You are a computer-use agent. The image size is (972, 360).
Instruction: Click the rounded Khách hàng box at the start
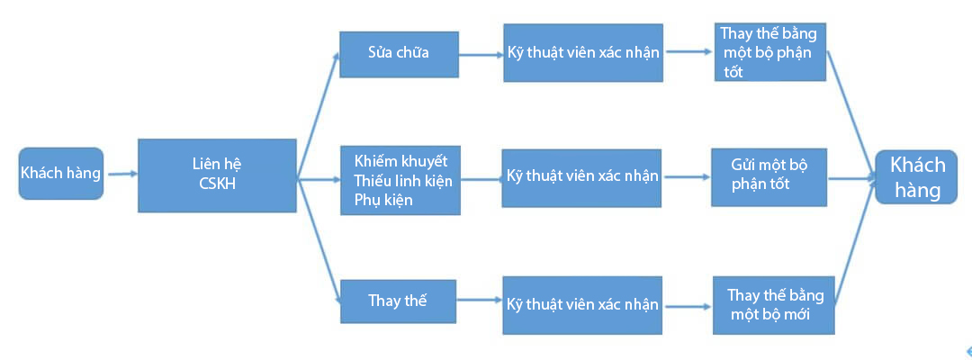60,174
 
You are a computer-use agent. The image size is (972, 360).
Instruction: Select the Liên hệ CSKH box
217,175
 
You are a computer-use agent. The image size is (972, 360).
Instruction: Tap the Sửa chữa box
399,54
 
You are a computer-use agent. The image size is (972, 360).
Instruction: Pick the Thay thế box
398,301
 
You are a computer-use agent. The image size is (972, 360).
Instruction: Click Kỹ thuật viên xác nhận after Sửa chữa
583,53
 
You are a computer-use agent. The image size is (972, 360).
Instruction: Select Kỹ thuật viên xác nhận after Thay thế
582,305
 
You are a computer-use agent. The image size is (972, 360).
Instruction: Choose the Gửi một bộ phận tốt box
769,176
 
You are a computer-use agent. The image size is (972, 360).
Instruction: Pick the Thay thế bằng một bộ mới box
774,305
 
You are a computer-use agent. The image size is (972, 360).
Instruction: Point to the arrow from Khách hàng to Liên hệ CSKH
121,174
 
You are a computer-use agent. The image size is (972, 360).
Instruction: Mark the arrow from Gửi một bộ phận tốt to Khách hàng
850,178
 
